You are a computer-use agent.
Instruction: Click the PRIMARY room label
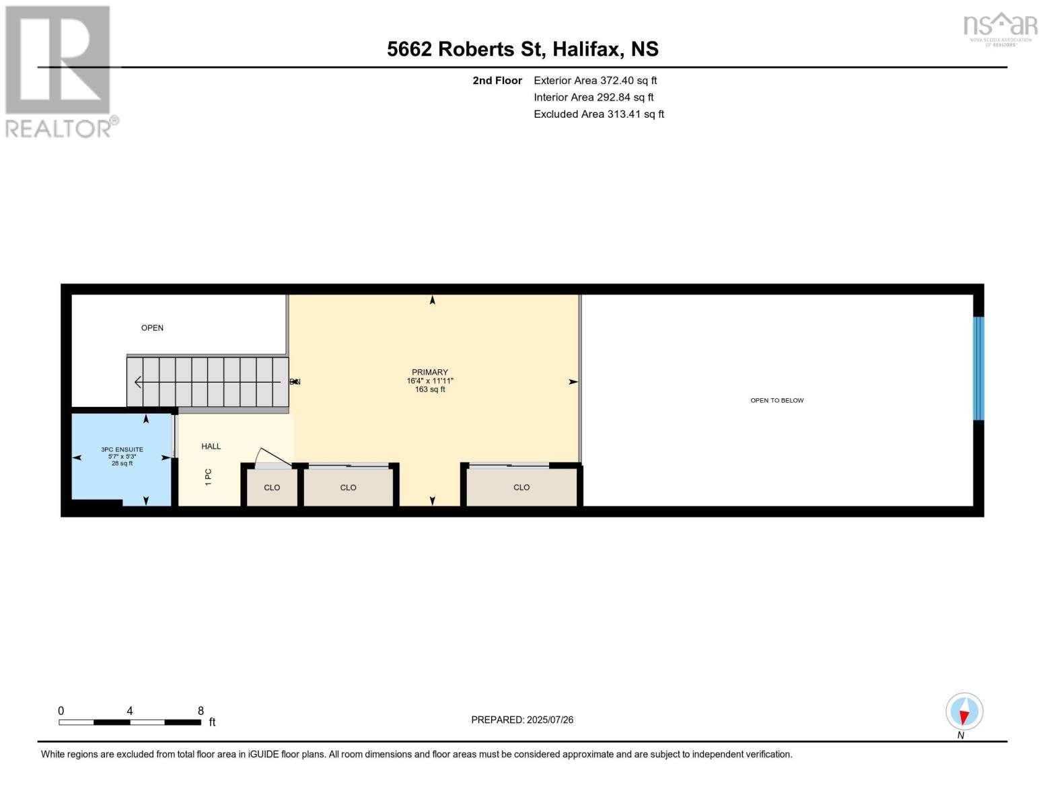(x=429, y=373)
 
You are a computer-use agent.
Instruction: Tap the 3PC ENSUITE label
(x=122, y=449)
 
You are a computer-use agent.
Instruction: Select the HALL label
(x=211, y=446)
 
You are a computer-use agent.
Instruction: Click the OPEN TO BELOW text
(x=777, y=400)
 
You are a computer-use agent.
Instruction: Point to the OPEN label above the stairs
(x=152, y=328)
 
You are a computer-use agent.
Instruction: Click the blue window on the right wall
(x=978, y=368)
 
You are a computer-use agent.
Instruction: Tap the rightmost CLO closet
(x=521, y=487)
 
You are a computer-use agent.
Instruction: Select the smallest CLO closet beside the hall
(x=272, y=487)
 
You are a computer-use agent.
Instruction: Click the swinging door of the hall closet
(x=273, y=457)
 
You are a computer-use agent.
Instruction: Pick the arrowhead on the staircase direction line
(x=138, y=382)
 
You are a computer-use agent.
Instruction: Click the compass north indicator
(x=964, y=712)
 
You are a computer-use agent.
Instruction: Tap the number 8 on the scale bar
(x=201, y=710)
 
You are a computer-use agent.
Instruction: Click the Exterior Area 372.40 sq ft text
(x=595, y=80)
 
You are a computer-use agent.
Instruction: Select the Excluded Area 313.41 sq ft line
(x=598, y=114)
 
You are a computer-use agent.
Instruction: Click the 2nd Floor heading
(x=497, y=80)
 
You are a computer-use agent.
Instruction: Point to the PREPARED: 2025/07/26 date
(x=522, y=720)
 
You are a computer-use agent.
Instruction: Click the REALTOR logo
(x=59, y=71)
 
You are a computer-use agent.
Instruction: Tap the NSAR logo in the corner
(x=1000, y=28)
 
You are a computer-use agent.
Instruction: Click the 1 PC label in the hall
(x=209, y=477)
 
